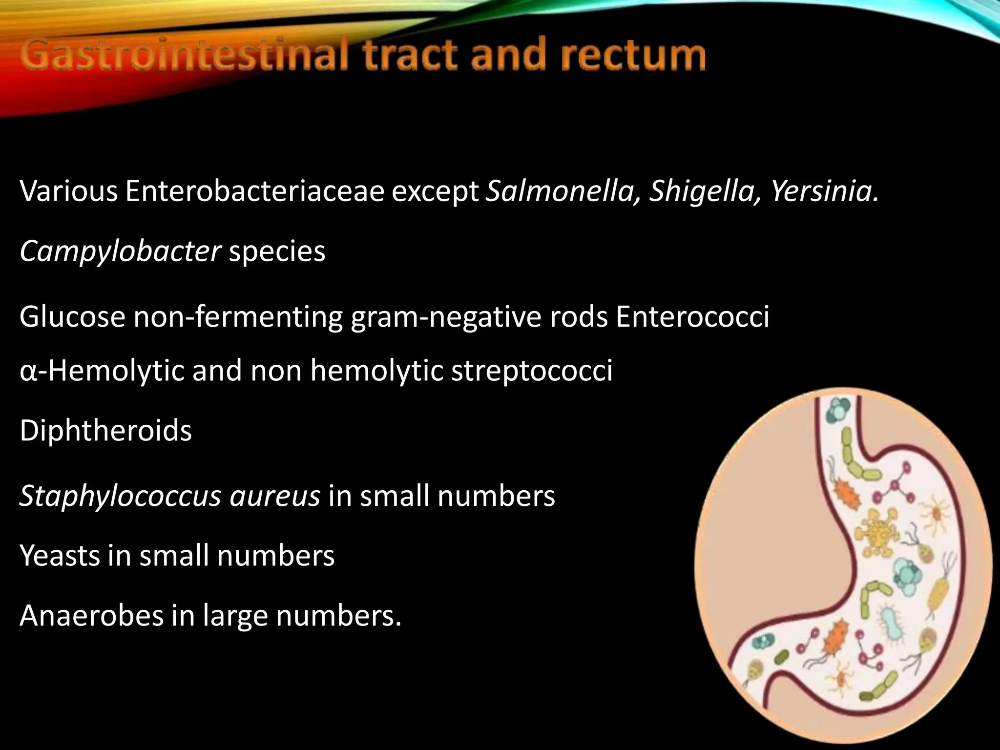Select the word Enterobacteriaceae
click(254, 191)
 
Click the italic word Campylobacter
click(120, 252)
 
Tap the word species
click(277, 252)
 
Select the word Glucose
click(72, 316)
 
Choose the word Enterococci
click(692, 316)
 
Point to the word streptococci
click(532, 371)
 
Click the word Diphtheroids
click(105, 431)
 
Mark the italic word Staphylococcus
click(120, 496)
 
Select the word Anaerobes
click(91, 615)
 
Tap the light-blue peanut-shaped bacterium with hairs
click(894, 625)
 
